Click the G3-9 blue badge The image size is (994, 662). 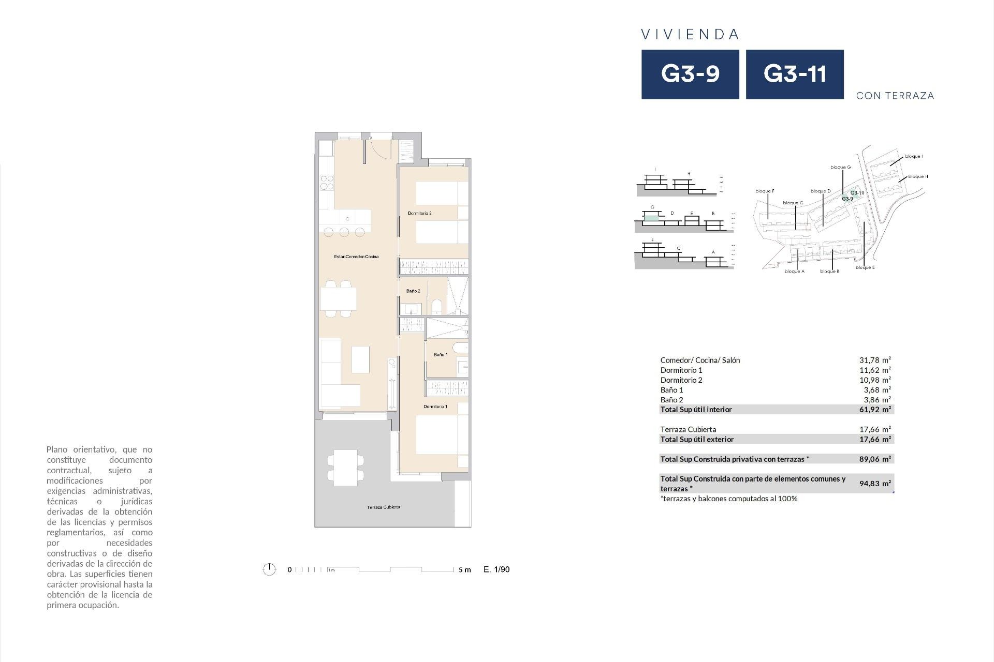coord(690,74)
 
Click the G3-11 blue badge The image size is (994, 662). coord(795,74)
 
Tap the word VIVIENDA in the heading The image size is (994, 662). coord(690,34)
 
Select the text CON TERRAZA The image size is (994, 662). coord(895,96)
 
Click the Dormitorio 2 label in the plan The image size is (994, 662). coord(419,213)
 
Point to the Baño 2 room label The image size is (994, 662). coord(413,291)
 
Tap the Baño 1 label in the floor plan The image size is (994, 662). coord(441,355)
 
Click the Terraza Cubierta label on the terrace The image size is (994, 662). coord(383,507)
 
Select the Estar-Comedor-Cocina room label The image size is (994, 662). coord(356,257)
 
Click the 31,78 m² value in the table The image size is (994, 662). coord(875,360)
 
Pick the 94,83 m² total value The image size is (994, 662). coord(875,484)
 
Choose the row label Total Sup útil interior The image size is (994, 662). coord(696,410)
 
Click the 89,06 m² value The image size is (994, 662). coord(875,459)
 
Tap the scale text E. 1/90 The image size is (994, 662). coord(496,569)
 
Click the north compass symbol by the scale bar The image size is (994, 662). coord(269,569)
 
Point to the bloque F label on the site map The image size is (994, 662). coord(765,191)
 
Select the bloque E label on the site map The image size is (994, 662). coord(865,267)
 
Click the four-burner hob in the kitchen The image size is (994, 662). coord(327,183)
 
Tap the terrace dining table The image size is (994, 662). coord(345,468)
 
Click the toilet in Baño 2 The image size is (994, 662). coord(436,307)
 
